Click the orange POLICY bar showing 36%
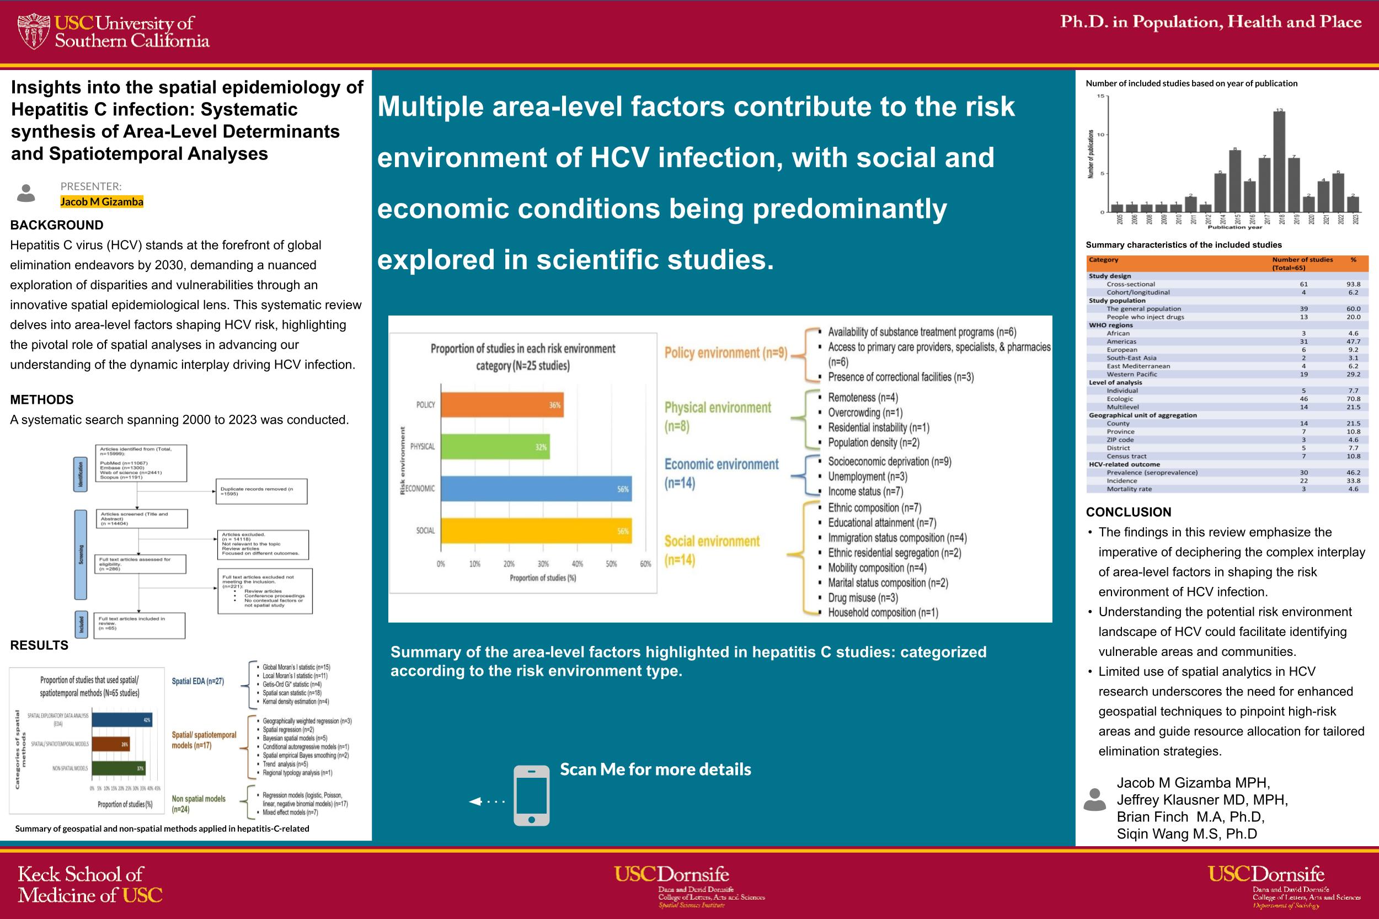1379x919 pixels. click(x=501, y=405)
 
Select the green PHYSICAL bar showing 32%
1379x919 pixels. click(x=495, y=447)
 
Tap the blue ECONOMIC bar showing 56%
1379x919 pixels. click(x=536, y=489)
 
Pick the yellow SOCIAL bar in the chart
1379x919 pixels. click(x=536, y=531)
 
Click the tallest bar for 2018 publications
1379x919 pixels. click(x=1279, y=161)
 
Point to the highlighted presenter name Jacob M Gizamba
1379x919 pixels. click(x=102, y=202)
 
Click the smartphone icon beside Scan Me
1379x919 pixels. click(x=531, y=795)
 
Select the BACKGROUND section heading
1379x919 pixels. click(x=57, y=225)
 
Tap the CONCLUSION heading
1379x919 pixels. click(x=1128, y=512)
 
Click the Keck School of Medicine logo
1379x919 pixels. click(x=90, y=884)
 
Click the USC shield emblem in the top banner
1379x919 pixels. click(x=34, y=31)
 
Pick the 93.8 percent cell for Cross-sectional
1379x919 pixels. click(x=1353, y=284)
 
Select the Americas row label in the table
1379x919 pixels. click(x=1121, y=341)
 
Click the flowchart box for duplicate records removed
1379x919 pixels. click(x=261, y=491)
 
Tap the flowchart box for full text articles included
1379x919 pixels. click(x=139, y=626)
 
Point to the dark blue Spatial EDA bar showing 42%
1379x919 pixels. click(x=121, y=719)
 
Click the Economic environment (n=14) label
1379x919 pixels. click(x=721, y=473)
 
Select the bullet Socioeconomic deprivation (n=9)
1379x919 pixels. click(x=889, y=462)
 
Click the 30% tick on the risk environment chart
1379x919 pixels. click(x=543, y=564)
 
